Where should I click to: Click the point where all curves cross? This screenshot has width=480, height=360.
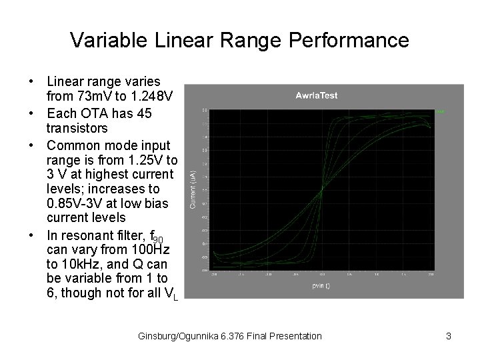[x=322, y=190]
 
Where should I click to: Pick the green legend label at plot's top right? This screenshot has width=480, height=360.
[x=439, y=111]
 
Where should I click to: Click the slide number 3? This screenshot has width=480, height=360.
[x=449, y=336]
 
